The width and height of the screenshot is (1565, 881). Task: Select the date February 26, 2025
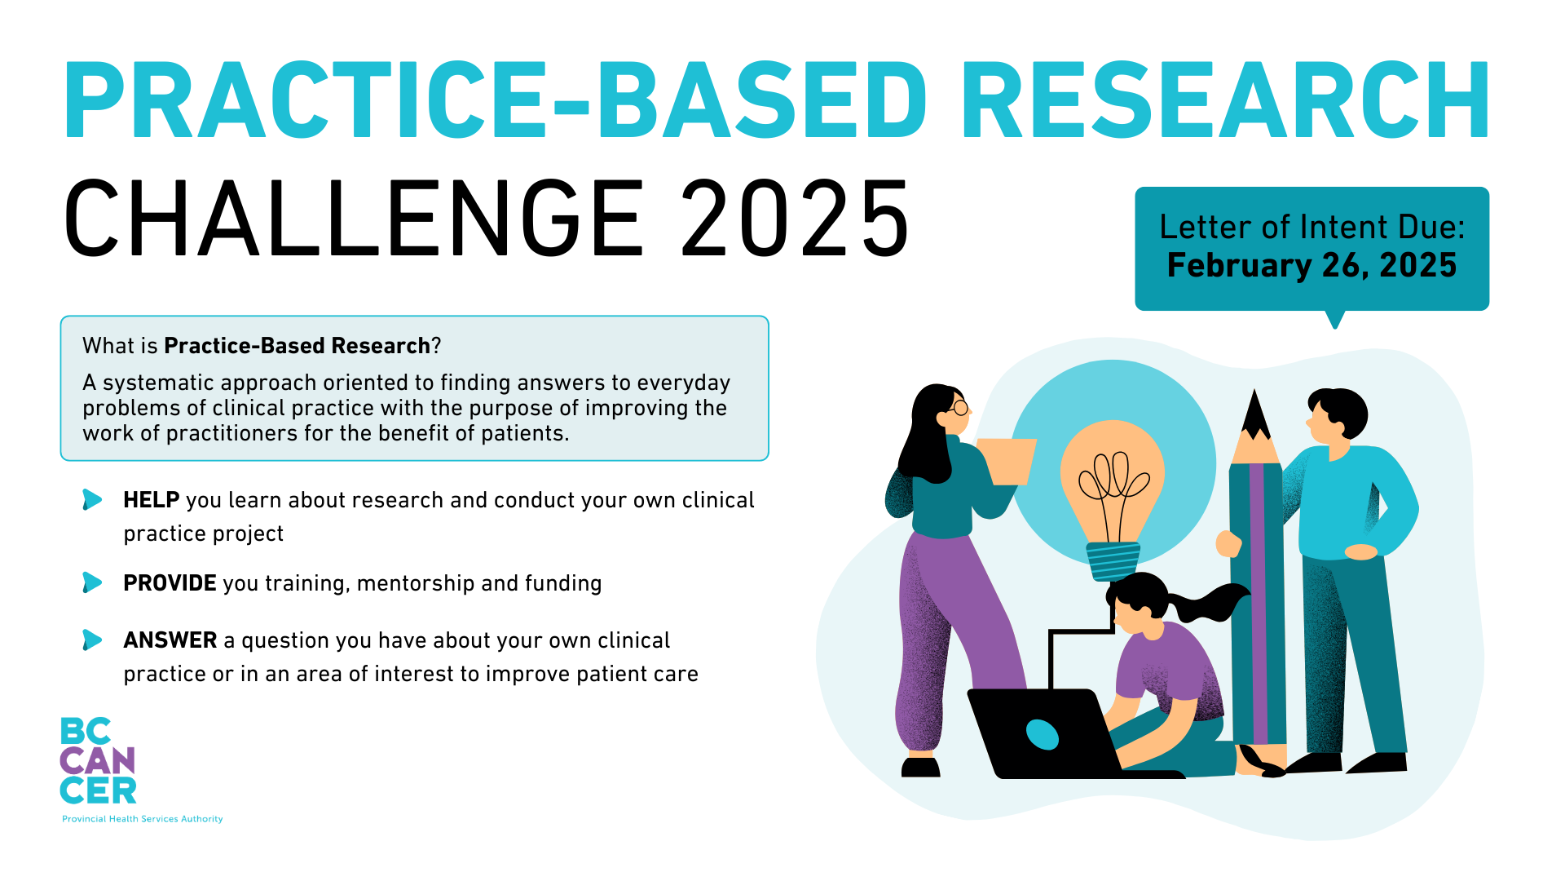click(x=1312, y=266)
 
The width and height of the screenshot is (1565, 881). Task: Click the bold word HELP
click(x=151, y=500)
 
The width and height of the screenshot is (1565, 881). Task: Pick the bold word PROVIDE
click(x=170, y=583)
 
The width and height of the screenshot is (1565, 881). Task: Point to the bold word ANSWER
click(x=170, y=640)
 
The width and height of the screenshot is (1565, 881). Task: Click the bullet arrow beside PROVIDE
click(x=92, y=582)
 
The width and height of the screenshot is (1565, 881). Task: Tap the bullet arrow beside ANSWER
click(x=92, y=640)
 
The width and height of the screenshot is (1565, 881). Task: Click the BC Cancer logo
click(x=98, y=760)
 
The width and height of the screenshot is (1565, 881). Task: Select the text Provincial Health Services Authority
click(x=143, y=819)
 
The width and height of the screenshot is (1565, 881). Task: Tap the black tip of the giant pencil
click(x=1255, y=412)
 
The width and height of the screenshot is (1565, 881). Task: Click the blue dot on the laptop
click(x=1042, y=734)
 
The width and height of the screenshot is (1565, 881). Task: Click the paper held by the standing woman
click(x=1007, y=461)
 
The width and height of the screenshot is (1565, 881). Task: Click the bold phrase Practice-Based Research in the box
click(x=297, y=346)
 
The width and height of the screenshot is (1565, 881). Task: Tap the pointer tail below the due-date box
click(x=1335, y=319)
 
